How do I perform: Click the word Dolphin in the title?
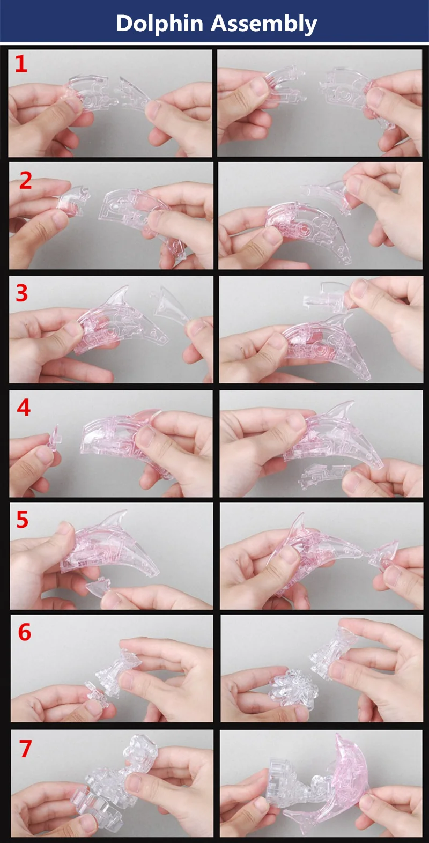[160, 24]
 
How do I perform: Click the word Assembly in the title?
[263, 24]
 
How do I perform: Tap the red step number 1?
[21, 64]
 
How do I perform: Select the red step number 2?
[25, 181]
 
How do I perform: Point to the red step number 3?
[22, 293]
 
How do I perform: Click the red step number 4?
[24, 408]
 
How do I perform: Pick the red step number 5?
[22, 520]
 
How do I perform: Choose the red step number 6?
[25, 633]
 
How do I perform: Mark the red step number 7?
[25, 749]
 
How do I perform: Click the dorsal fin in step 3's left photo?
[117, 297]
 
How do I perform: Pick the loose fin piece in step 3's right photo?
[326, 297]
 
